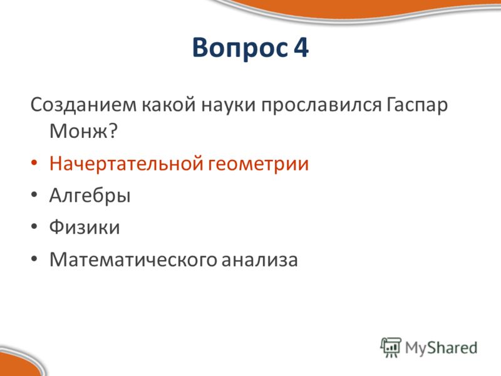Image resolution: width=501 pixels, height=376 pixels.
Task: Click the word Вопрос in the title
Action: click(x=240, y=48)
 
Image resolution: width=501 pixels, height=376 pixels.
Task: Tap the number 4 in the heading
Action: click(x=301, y=47)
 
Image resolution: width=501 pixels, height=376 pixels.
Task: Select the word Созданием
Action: click(x=83, y=105)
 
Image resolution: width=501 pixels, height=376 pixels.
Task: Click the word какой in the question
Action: click(x=168, y=104)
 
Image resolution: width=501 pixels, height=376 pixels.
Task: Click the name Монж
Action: click(x=78, y=131)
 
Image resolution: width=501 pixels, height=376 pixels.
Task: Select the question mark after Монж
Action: click(x=113, y=130)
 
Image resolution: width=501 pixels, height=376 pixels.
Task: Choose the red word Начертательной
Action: click(x=127, y=164)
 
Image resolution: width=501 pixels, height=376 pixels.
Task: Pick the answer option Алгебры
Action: click(x=90, y=196)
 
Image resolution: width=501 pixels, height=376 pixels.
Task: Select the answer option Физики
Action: click(x=85, y=227)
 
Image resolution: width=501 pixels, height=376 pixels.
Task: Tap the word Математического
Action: click(x=133, y=259)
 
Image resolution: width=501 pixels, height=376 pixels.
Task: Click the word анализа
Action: click(x=259, y=259)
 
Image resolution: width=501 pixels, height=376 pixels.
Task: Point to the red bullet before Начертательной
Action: click(x=34, y=163)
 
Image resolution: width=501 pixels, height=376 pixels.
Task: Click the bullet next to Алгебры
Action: click(x=34, y=195)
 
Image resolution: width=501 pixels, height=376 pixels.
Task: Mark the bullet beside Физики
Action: click(x=34, y=226)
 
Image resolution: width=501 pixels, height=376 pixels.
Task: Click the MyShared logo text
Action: click(x=441, y=348)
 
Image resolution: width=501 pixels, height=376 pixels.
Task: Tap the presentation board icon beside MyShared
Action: click(x=390, y=347)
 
